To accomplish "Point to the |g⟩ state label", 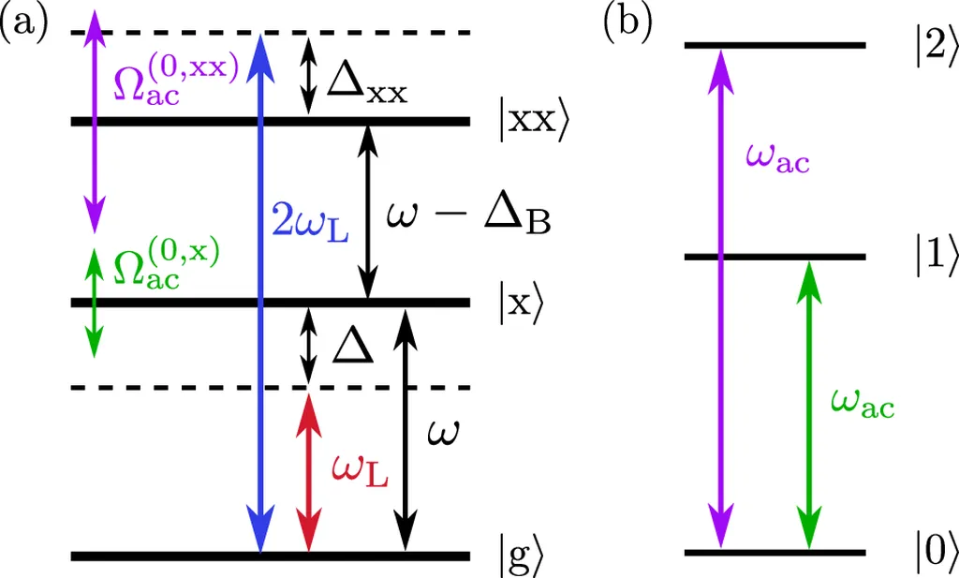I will tap(521, 556).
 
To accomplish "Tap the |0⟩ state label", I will tap(937, 552).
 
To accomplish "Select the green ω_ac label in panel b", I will tap(863, 404).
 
